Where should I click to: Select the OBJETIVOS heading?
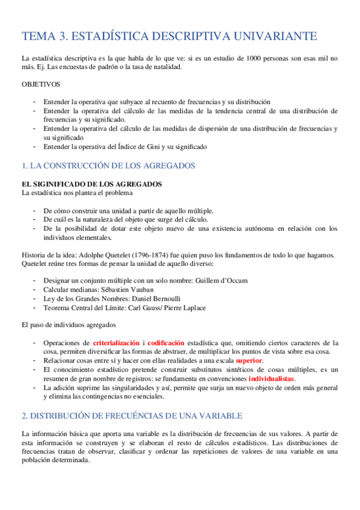click(x=40, y=85)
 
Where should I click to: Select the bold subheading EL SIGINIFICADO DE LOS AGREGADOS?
click(x=91, y=183)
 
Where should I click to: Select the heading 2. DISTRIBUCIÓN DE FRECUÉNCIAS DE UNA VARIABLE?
click(x=131, y=416)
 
